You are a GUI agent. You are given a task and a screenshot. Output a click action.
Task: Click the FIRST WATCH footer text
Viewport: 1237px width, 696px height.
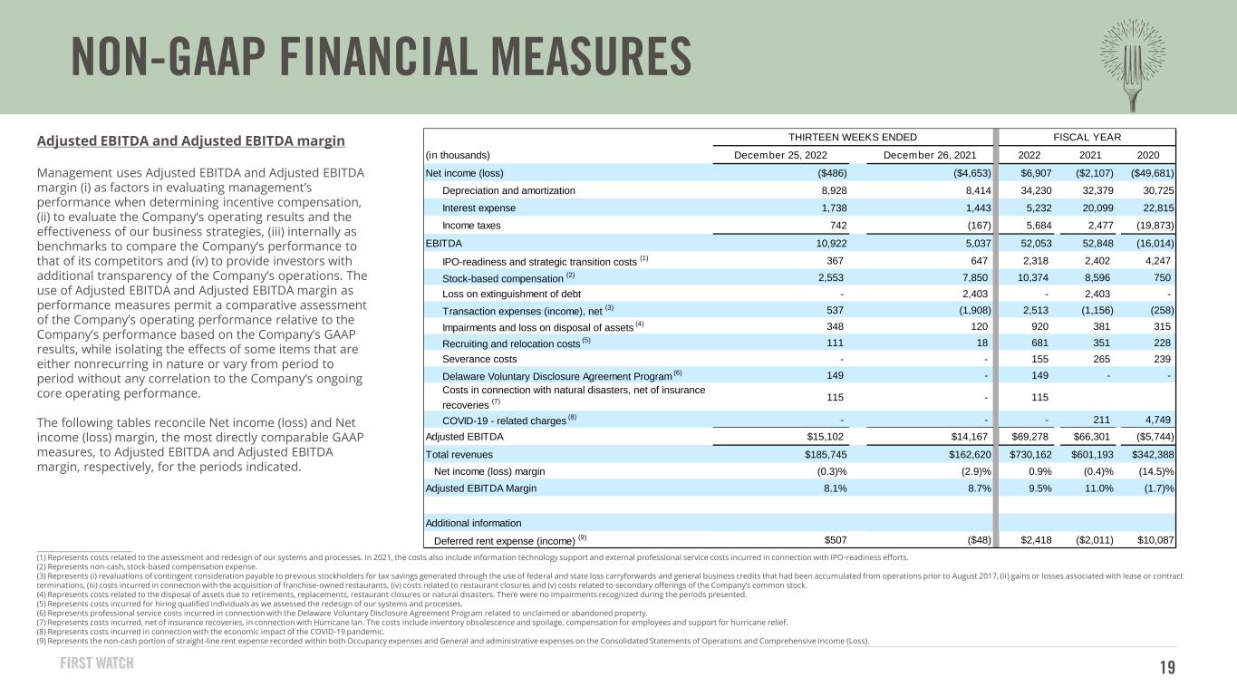point(102,663)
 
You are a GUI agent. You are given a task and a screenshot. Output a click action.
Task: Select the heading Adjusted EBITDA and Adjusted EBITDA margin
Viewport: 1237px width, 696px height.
point(191,141)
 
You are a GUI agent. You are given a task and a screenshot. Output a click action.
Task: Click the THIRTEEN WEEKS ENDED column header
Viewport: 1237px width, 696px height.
point(852,137)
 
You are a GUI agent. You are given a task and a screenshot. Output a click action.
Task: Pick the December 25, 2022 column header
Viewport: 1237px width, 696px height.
point(790,155)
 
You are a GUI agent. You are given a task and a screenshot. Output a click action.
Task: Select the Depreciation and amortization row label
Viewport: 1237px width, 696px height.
point(508,190)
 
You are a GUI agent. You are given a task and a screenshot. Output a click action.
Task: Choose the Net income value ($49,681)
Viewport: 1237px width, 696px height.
point(1146,173)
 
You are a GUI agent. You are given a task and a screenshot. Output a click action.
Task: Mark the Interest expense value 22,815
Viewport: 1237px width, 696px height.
point(1153,208)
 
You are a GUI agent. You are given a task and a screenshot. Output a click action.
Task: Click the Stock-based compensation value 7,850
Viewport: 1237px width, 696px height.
point(972,277)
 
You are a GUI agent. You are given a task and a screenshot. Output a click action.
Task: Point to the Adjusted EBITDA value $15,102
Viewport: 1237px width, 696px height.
point(821,436)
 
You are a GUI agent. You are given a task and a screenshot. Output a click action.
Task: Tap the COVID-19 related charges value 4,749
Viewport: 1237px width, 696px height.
point(1155,418)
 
